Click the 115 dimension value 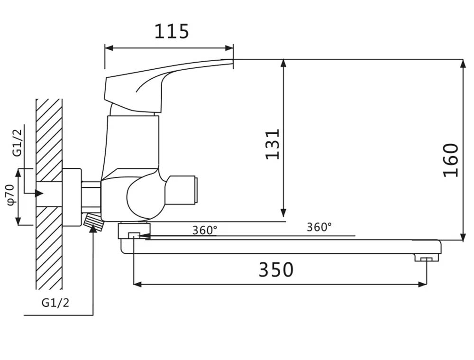(x=172, y=31)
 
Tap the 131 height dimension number (x=273, y=144)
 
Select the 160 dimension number (x=451, y=160)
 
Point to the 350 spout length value (x=276, y=269)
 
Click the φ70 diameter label (x=10, y=194)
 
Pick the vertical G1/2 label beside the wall (x=18, y=143)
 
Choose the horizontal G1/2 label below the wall (x=55, y=303)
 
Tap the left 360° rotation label (x=205, y=231)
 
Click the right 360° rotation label (x=319, y=227)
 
